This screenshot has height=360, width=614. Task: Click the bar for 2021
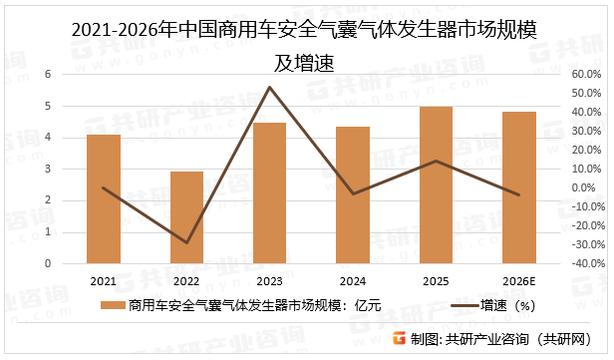coord(104,199)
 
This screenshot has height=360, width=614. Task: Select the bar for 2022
coord(186,217)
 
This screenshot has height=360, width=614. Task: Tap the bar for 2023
coord(269,193)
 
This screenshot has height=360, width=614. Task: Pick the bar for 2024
coord(353,195)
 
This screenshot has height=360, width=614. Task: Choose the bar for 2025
coord(436,185)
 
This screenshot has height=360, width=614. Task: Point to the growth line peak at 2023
coord(269,88)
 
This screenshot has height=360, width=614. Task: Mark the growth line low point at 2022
coord(186,242)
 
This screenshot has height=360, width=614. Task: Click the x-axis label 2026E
coord(518,281)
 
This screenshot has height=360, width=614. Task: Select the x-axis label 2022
coord(186,281)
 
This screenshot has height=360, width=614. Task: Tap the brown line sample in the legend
coord(454,306)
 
